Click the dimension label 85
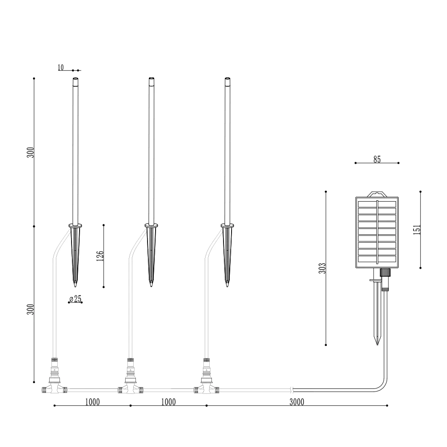click(377, 160)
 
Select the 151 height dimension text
click(417, 229)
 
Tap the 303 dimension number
click(322, 268)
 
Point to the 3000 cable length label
click(297, 402)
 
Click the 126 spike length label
click(100, 256)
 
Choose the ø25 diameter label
click(76, 299)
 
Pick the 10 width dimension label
click(61, 67)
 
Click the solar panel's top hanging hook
click(377, 194)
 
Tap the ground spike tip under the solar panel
click(377, 345)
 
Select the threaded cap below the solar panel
click(385, 272)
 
